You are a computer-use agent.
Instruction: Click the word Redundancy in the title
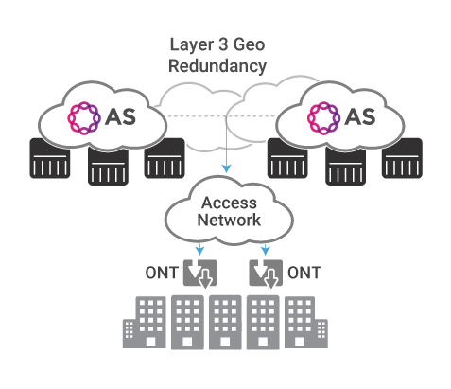(x=217, y=66)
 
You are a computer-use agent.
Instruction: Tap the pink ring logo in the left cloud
(x=84, y=118)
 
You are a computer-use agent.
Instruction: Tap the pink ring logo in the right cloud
(x=323, y=118)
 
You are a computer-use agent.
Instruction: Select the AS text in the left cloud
(x=120, y=117)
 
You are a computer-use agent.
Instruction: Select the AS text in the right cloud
(x=360, y=117)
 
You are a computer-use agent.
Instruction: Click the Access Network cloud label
(x=229, y=211)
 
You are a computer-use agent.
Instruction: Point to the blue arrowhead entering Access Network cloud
(x=226, y=168)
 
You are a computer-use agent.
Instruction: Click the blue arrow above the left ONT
(x=199, y=249)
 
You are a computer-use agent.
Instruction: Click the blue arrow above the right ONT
(x=266, y=249)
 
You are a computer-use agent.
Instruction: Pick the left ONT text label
(x=162, y=273)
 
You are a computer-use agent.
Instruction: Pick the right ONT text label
(x=304, y=273)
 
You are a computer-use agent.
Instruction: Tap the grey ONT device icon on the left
(x=199, y=274)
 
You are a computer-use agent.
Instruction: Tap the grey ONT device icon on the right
(x=266, y=274)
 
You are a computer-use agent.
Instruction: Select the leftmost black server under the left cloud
(x=50, y=159)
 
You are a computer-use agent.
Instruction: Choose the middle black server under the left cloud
(x=108, y=166)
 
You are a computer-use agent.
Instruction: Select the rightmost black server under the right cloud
(x=402, y=158)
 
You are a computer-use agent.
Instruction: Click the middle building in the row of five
(x=225, y=322)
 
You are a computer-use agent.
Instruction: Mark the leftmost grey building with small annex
(x=145, y=322)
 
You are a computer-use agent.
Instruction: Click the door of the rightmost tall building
(x=300, y=343)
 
